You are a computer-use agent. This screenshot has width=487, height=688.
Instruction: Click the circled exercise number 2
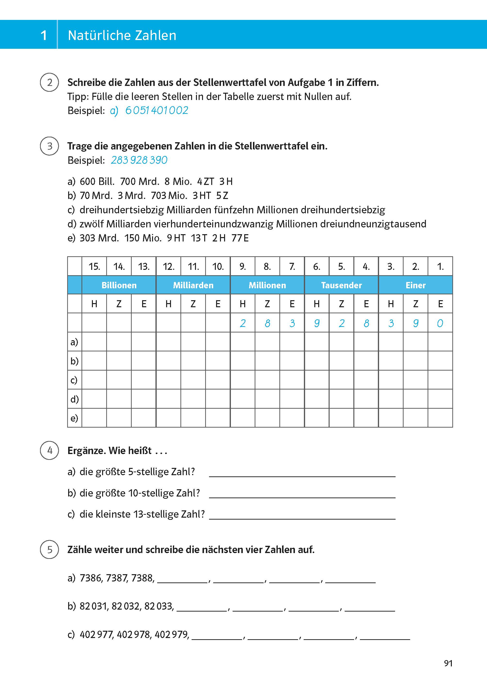coord(49,82)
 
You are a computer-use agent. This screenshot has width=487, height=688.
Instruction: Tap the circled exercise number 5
coord(49,549)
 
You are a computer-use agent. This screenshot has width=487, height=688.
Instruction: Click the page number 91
coord(448,663)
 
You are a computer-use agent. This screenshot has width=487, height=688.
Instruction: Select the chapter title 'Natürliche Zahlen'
coord(122,35)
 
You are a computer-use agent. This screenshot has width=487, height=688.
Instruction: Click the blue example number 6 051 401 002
coord(156,110)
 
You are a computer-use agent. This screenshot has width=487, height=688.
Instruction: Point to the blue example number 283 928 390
coord(139,160)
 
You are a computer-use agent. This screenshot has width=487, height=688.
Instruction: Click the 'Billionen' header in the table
coord(119,285)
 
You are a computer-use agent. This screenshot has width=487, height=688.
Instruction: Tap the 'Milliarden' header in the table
coord(193,285)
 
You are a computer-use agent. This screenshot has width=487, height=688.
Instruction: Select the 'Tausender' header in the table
coord(341,285)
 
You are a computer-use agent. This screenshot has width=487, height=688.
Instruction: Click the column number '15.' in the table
coord(94,266)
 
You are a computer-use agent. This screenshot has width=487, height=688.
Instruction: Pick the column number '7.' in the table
coord(292,266)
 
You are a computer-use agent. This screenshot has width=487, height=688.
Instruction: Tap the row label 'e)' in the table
coord(74,418)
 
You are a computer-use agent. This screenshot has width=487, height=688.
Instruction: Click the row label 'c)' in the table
coord(74,380)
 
